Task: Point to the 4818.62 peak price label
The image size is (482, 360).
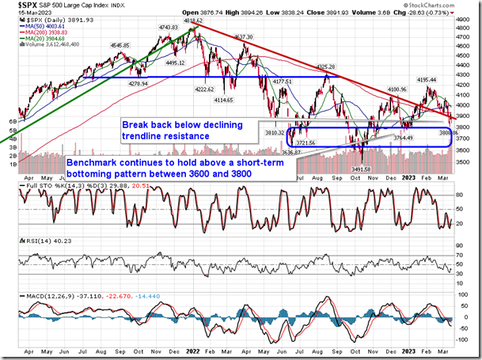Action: (195, 21)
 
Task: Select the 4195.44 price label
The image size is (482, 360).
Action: (428, 79)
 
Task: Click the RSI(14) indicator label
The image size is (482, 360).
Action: (36, 239)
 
